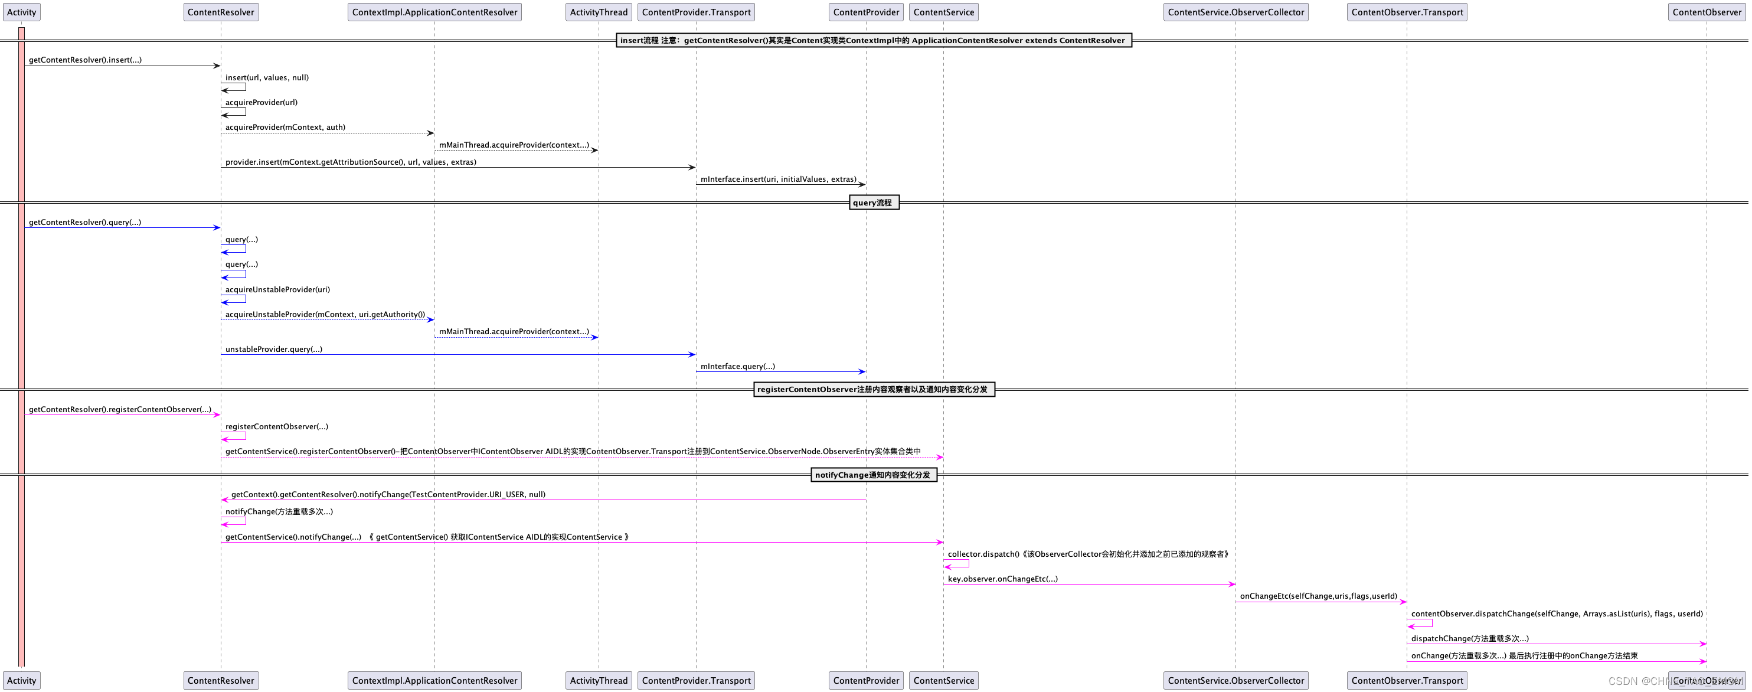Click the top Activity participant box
22,12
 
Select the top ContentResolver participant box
220,12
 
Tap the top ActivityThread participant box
599,12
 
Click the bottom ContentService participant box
943,680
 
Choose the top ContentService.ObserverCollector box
1236,12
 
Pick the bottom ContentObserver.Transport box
1407,680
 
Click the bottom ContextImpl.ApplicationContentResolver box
434,680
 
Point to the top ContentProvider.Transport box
696,12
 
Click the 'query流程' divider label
873,203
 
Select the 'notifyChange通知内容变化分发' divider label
873,475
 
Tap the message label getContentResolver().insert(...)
85,60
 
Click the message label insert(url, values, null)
267,77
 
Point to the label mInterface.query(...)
737,366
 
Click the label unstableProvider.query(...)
273,349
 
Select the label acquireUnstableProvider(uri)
277,289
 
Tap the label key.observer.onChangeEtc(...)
1002,579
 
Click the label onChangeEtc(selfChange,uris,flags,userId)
1318,596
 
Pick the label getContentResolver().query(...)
85,223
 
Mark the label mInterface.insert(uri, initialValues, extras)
778,179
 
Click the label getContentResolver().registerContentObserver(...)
120,410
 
